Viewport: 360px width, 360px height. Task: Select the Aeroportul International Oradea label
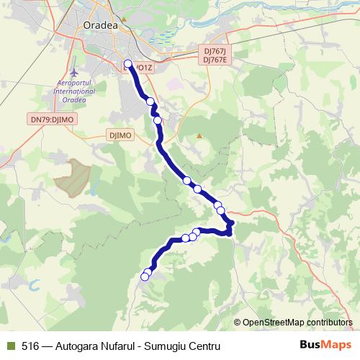click(x=76, y=91)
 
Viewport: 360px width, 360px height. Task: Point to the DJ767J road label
click(x=215, y=52)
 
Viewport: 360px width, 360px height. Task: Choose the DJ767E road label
click(x=215, y=60)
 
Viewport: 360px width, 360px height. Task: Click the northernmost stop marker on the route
click(x=128, y=64)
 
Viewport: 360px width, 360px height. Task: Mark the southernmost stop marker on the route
click(x=145, y=276)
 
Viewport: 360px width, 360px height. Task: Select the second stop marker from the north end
click(x=150, y=102)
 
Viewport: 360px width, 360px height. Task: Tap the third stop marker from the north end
click(x=157, y=120)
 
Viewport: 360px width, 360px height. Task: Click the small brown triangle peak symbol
click(x=200, y=135)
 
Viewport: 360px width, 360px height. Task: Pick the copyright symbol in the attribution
click(x=238, y=323)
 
